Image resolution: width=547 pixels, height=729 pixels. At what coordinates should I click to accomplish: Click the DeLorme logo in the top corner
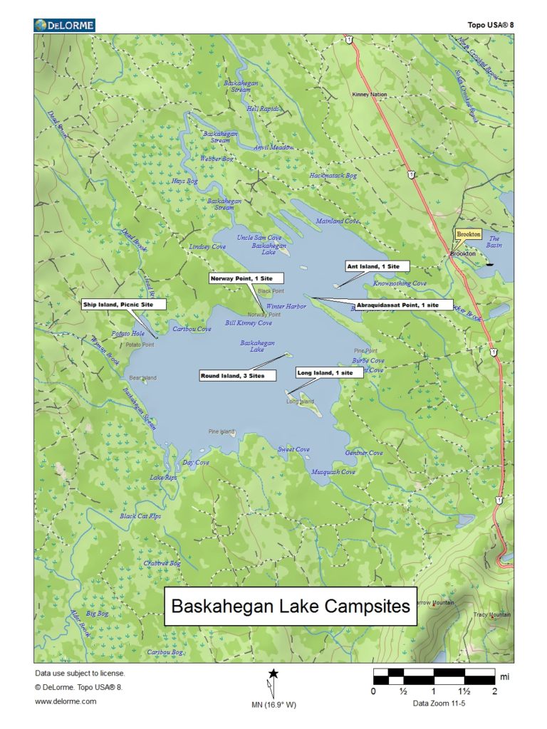tap(64, 26)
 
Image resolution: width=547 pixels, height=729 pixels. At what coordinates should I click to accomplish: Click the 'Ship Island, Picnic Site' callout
tap(123, 304)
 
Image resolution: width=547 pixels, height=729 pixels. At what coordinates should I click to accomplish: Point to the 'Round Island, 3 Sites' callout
tap(237, 375)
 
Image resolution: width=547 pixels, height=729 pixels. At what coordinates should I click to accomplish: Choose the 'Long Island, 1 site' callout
tap(328, 372)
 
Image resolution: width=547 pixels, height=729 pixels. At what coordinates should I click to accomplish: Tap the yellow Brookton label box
tap(469, 234)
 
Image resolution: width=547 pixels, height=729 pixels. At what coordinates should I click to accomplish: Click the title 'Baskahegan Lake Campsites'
tap(291, 607)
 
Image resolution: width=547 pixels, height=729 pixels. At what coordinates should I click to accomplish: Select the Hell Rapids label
tap(263, 109)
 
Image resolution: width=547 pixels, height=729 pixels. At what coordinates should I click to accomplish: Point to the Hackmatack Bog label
tap(333, 175)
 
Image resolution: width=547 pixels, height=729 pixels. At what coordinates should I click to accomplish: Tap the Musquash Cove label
tap(333, 472)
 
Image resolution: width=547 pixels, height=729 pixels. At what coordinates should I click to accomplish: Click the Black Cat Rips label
tap(140, 516)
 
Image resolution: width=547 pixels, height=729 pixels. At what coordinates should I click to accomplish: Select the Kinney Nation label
tap(370, 94)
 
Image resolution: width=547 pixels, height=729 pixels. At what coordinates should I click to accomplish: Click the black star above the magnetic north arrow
tap(273, 673)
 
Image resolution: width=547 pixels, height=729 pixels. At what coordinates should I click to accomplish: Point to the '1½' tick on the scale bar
tap(464, 691)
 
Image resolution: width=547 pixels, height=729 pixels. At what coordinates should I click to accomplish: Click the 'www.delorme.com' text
tap(66, 701)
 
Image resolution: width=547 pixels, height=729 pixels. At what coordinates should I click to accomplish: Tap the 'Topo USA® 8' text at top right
tap(491, 25)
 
